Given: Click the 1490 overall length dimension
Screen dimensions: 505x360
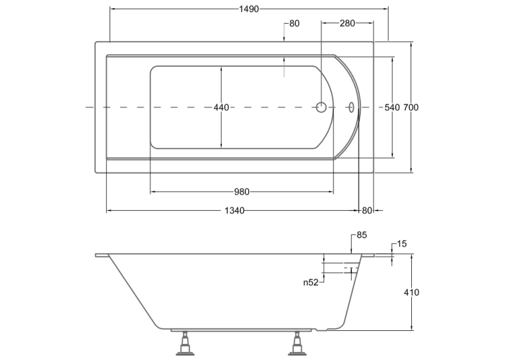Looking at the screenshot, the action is tap(249, 9).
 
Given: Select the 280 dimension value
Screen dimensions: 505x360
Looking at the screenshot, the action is tap(347, 23).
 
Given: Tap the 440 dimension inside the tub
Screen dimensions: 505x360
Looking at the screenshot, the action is tap(221, 107).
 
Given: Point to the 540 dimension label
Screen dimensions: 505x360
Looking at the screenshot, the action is tap(392, 107).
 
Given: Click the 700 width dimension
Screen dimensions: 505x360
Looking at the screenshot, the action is tap(411, 107).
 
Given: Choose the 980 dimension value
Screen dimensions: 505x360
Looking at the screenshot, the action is tap(242, 192).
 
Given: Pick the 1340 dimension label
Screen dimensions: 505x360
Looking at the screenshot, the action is tap(234, 211).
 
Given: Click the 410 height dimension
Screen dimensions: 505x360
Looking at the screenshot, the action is tap(412, 293).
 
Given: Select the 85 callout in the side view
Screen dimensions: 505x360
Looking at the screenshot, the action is tap(362, 235).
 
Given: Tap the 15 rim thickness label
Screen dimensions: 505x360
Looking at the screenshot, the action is tap(401, 244).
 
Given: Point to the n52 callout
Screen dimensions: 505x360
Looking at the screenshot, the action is tap(311, 283).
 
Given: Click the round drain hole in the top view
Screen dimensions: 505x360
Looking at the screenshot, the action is tap(321, 107).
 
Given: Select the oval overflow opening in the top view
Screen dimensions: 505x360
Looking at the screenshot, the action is tap(351, 107).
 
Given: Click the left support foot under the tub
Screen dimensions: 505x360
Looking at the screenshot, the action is tap(185, 343).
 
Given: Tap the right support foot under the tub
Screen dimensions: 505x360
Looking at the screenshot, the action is tap(296, 343).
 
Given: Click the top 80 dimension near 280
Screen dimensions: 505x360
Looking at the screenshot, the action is tap(294, 24).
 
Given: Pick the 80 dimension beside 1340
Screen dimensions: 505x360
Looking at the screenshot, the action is tap(367, 211).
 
